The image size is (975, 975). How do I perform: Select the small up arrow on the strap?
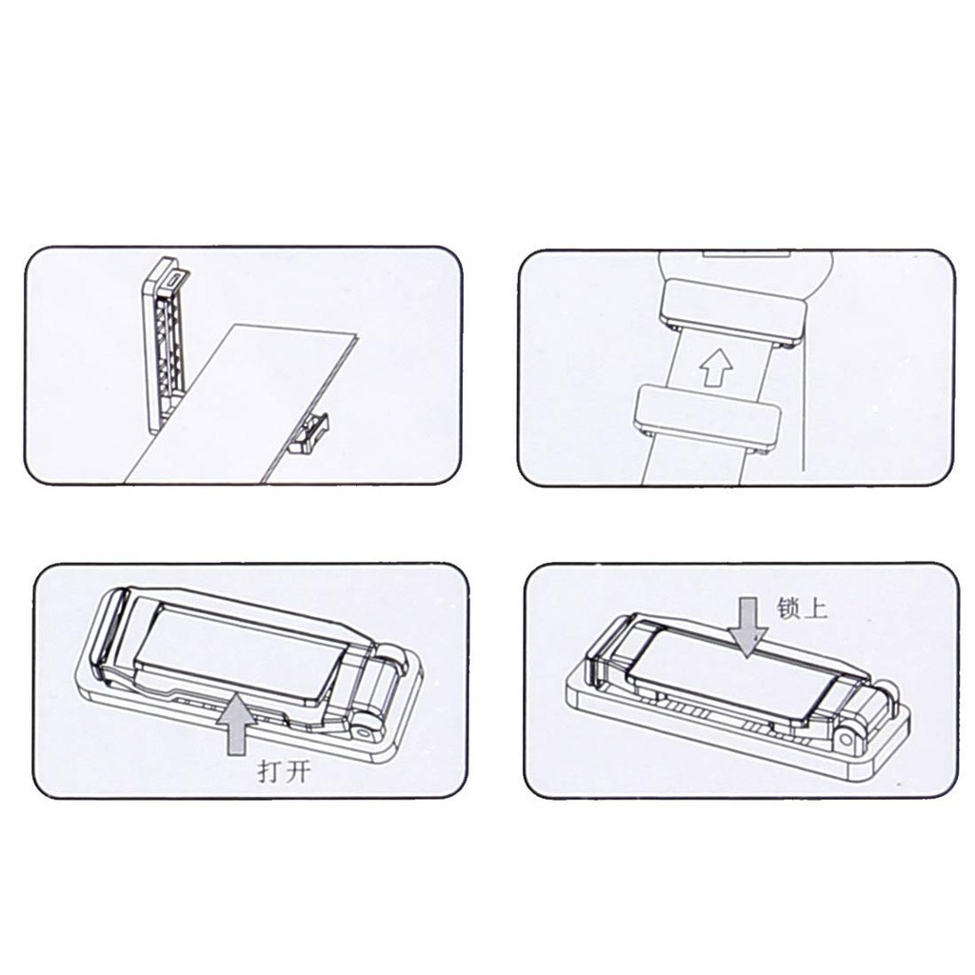tap(716, 367)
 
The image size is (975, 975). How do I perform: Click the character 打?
tap(268, 772)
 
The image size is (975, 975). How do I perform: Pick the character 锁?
tap(787, 607)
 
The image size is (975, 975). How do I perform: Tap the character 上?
tap(816, 608)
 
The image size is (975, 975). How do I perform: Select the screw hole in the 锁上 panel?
tap(846, 739)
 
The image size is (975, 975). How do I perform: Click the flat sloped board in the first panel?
tap(243, 403)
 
